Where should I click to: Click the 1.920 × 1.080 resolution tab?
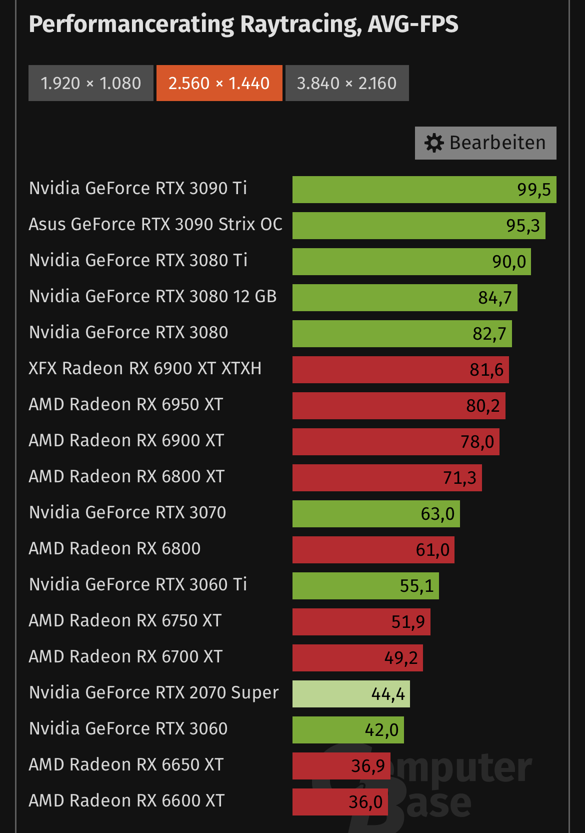pos(90,83)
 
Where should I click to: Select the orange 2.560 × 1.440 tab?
pos(219,83)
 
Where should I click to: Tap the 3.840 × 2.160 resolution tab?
pos(346,83)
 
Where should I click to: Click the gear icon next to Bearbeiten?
pos(434,143)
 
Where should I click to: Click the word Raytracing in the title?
pos(300,25)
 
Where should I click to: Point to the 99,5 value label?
pos(533,190)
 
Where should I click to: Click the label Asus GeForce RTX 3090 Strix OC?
pos(155,224)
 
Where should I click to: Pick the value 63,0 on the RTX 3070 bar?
pos(437,514)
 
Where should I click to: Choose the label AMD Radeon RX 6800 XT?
pos(126,476)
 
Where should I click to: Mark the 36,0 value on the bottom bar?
pos(365,802)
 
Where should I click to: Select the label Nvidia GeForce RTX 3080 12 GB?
pos(152,296)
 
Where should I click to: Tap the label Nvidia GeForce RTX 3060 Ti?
pos(138,584)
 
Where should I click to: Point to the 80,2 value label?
pos(482,406)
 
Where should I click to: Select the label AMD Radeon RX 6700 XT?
pos(125,656)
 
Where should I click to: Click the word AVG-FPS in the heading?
pos(413,25)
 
